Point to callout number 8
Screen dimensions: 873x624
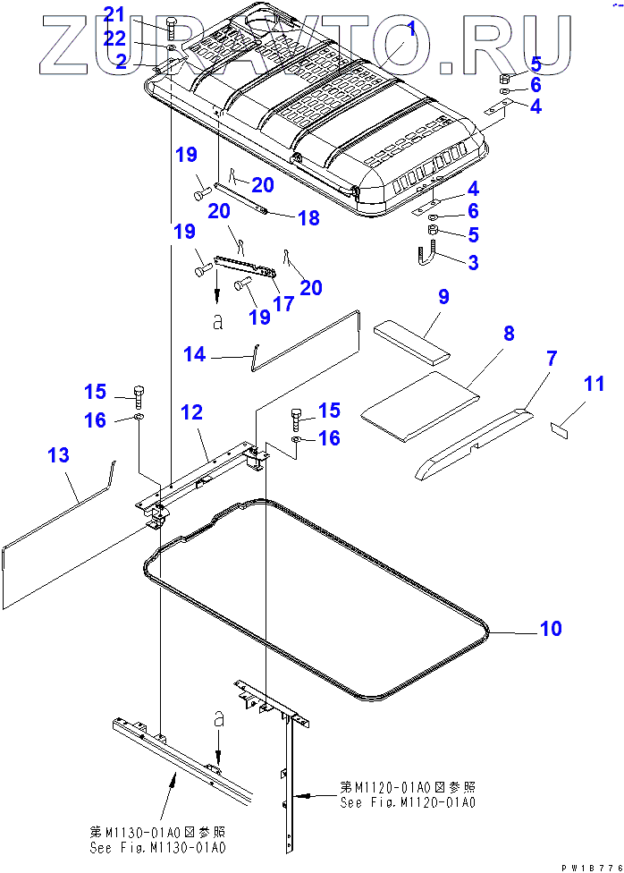[x=508, y=335]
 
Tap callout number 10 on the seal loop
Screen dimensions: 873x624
[x=551, y=629]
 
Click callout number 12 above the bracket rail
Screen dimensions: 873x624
[x=191, y=413]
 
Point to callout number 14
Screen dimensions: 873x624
[x=194, y=356]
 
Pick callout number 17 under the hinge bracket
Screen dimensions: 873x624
[x=283, y=304]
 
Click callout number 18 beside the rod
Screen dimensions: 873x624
[x=308, y=218]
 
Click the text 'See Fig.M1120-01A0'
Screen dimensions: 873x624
[x=408, y=802]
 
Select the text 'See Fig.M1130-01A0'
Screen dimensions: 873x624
[x=157, y=847]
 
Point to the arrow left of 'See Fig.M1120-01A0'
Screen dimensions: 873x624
[x=308, y=793]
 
